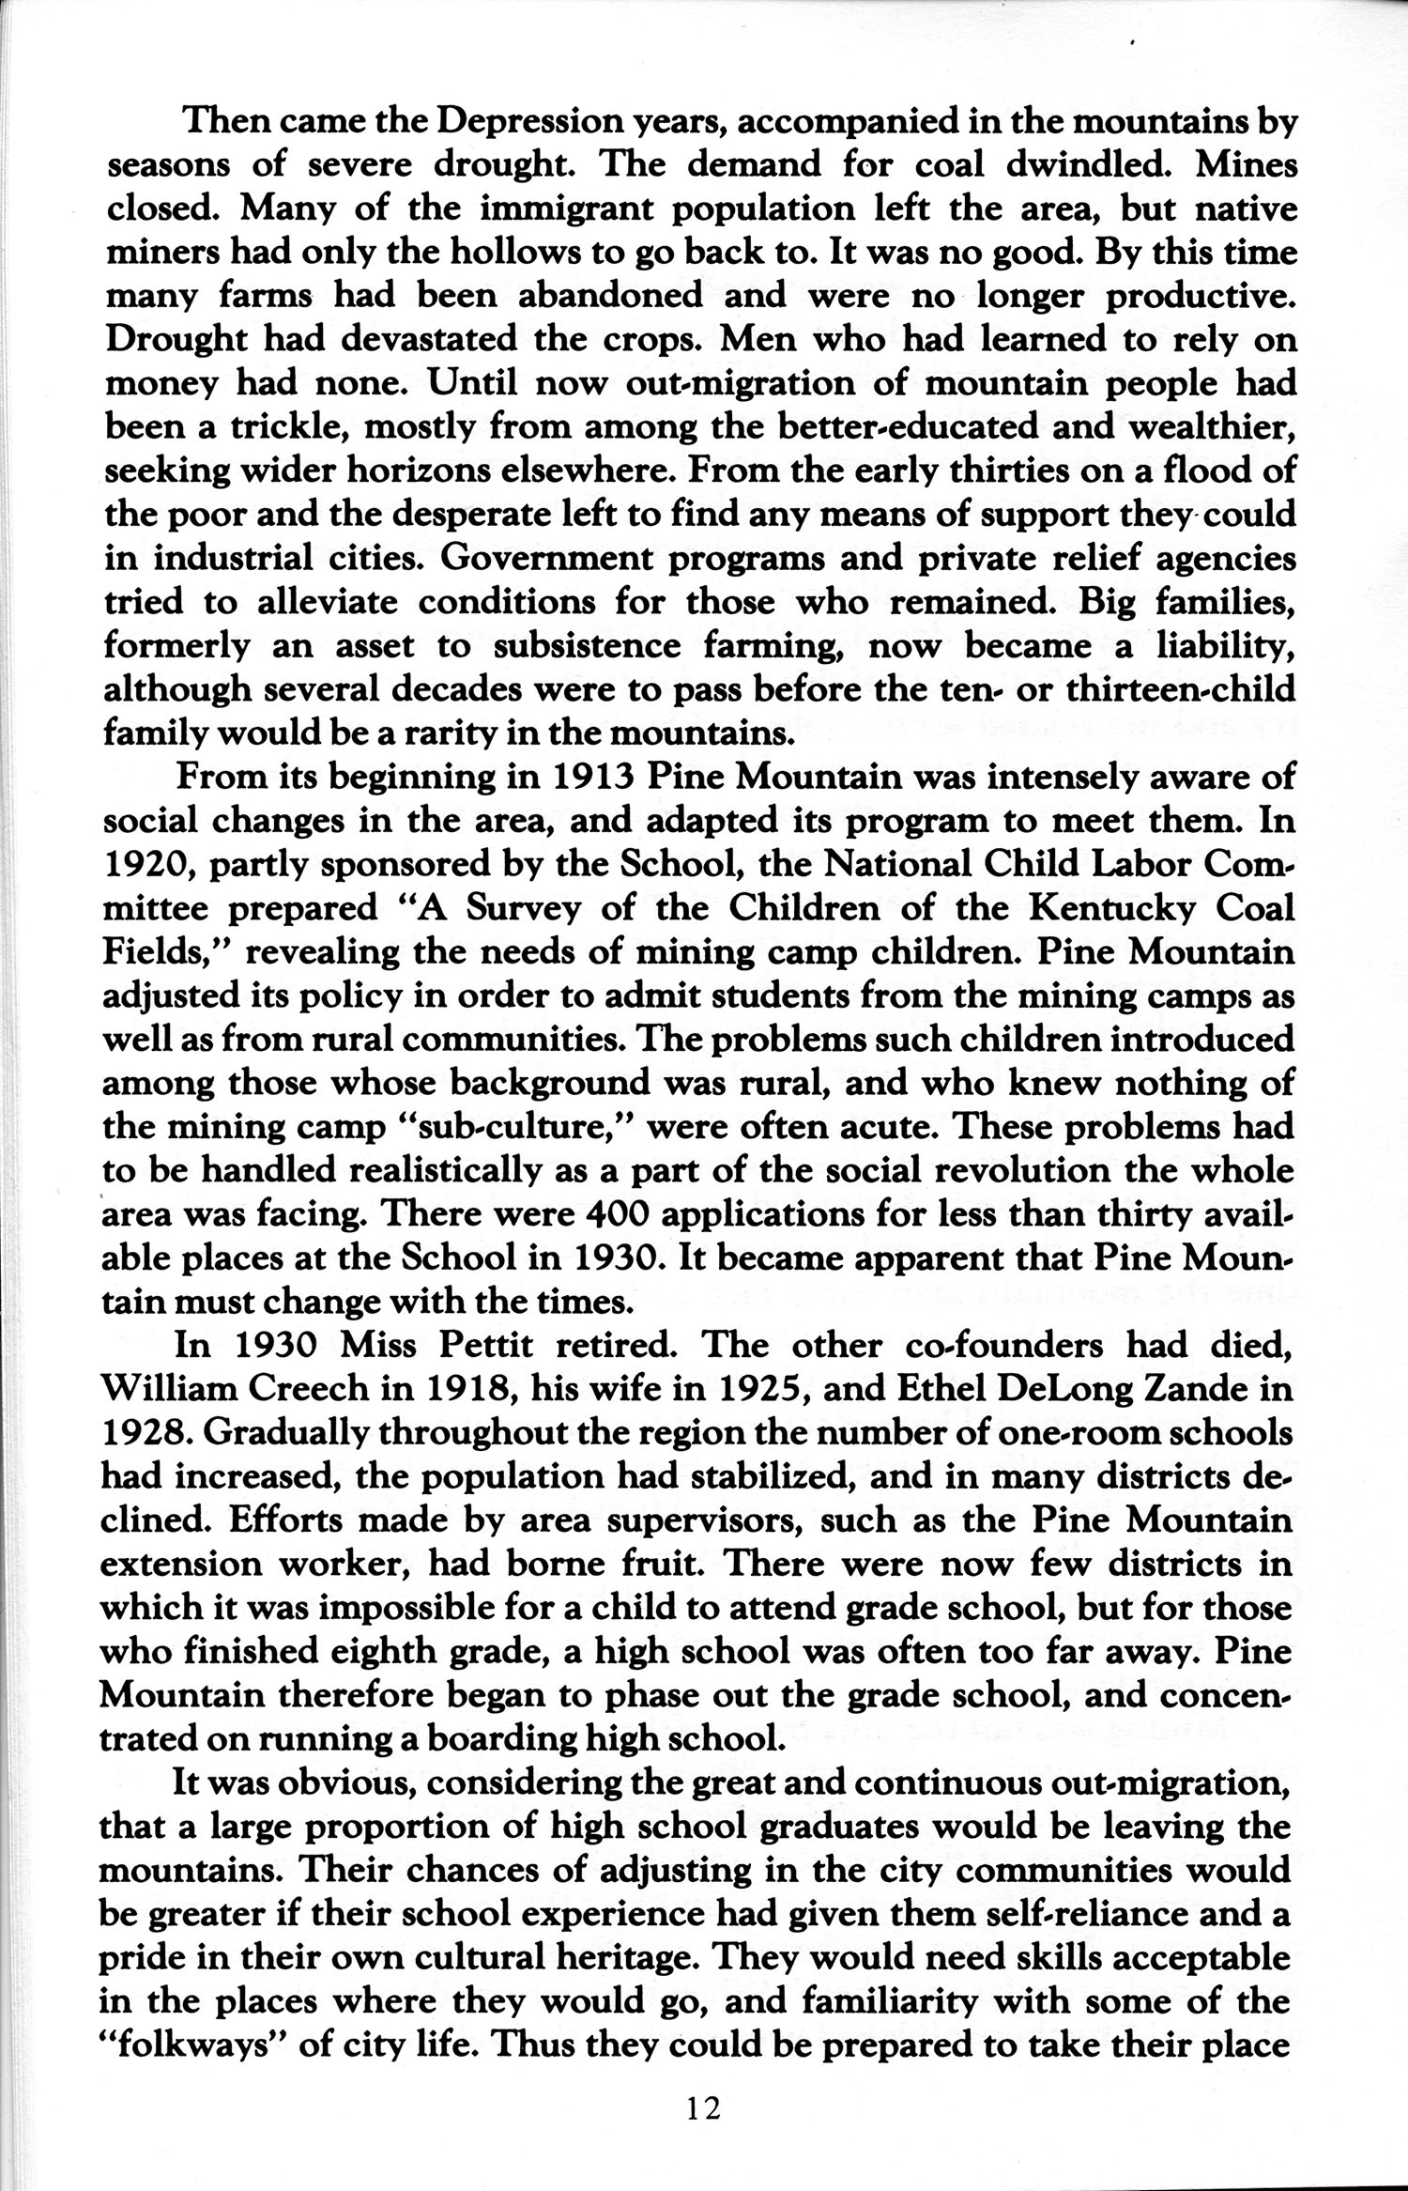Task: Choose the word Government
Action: tap(574, 559)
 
